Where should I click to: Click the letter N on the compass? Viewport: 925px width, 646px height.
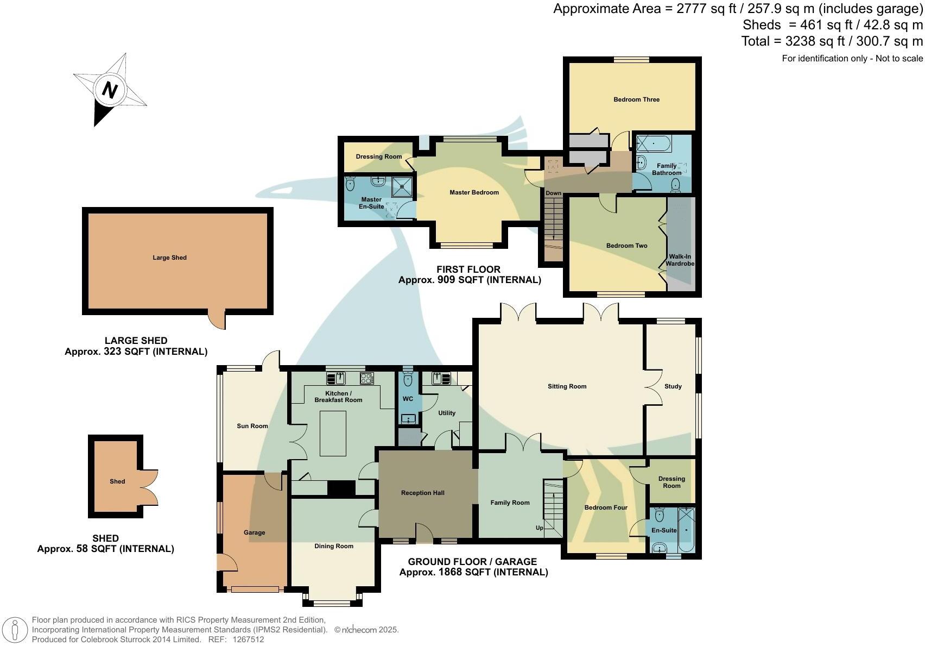point(110,90)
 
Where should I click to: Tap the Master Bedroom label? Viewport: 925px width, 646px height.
point(473,192)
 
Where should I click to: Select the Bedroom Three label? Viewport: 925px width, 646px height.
point(636,99)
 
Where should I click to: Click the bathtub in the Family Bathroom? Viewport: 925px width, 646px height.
point(654,144)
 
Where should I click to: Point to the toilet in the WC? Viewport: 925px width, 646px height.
point(408,378)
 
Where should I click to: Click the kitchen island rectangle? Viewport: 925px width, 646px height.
point(333,433)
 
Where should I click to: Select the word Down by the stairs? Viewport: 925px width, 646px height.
point(553,193)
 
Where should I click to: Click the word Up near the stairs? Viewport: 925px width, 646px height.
point(539,528)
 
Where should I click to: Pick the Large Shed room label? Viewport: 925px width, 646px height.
point(169,258)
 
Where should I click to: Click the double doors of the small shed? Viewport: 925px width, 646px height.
point(150,487)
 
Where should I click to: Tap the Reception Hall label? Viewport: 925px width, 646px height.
point(422,493)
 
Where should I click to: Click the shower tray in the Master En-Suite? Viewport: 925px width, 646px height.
point(402,187)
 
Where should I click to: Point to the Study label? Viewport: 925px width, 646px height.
point(673,386)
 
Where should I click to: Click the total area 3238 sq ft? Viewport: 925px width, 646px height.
point(832,41)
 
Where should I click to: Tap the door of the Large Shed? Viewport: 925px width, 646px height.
point(218,320)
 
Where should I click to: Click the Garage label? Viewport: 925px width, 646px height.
point(254,532)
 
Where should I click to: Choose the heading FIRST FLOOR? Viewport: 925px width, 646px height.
point(468,269)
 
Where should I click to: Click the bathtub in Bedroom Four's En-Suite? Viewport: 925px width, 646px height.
point(686,529)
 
